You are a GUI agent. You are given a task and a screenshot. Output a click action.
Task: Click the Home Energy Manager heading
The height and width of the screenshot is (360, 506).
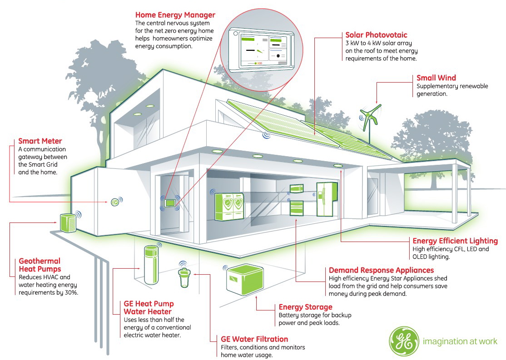(175, 15)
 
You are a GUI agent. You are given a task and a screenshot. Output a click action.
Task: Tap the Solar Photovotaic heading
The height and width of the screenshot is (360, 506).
(376, 35)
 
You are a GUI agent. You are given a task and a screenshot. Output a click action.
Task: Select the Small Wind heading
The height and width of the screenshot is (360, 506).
(436, 78)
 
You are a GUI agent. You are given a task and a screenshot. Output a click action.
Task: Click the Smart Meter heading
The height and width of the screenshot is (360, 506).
(40, 141)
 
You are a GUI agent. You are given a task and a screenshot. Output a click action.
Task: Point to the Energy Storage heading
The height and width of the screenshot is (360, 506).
(305, 307)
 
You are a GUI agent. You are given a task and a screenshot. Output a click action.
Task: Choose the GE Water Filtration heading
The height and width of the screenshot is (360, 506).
(254, 339)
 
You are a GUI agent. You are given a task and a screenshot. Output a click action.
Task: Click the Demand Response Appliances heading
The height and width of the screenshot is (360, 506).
(381, 270)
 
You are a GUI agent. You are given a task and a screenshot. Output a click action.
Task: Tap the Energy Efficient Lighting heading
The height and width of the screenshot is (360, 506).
(455, 241)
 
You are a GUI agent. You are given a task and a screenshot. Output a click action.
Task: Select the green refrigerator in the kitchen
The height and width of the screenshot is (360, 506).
(327, 199)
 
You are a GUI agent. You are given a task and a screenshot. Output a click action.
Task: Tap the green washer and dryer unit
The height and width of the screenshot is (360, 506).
(229, 206)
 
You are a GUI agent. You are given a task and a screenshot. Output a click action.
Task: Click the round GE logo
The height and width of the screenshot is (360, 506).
(404, 341)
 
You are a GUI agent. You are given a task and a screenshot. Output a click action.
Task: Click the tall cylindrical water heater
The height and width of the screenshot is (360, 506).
(151, 265)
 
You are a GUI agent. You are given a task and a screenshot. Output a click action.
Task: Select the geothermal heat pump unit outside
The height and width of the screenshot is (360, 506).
(68, 222)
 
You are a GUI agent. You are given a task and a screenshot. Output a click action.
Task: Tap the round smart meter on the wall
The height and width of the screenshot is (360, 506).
(114, 202)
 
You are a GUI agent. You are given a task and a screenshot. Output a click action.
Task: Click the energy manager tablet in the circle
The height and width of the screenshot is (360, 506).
(261, 49)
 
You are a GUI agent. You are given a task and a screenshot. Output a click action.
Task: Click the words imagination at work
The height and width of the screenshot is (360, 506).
(460, 341)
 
